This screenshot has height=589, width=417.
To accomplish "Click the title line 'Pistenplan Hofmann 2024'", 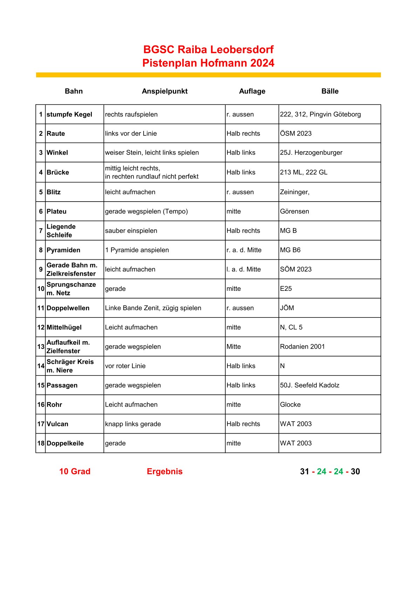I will [x=208, y=63].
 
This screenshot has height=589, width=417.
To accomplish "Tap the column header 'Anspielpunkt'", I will [x=165, y=91].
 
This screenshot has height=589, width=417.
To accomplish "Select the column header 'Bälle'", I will [x=330, y=91].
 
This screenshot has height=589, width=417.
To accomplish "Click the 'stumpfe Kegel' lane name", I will [x=69, y=114].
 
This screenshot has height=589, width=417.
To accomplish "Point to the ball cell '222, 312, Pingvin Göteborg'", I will [x=320, y=114].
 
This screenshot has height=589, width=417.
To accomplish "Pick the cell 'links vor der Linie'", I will [x=131, y=134].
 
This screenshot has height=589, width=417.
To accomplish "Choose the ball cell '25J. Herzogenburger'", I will [x=311, y=153].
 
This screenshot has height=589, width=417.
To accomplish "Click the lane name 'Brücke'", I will [x=58, y=172].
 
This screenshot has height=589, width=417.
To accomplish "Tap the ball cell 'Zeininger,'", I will [x=295, y=192].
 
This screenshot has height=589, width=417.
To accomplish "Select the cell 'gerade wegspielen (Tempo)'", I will [x=146, y=211].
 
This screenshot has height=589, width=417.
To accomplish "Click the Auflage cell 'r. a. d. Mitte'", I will [x=244, y=250].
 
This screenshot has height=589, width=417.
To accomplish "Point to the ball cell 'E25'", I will [x=286, y=289].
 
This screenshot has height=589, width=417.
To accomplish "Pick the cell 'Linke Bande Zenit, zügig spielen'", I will [x=153, y=308].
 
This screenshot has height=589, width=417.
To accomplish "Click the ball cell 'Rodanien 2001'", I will [x=302, y=346].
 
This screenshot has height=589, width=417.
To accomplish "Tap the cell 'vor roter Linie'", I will [x=125, y=366].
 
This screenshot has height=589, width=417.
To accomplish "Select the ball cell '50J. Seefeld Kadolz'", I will [x=310, y=385].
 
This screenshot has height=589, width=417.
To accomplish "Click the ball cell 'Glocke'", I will [x=290, y=405].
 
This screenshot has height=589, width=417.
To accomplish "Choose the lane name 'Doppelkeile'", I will [x=65, y=443].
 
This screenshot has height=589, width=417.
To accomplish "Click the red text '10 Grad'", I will [x=75, y=471].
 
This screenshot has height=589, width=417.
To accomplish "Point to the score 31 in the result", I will [x=305, y=471].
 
